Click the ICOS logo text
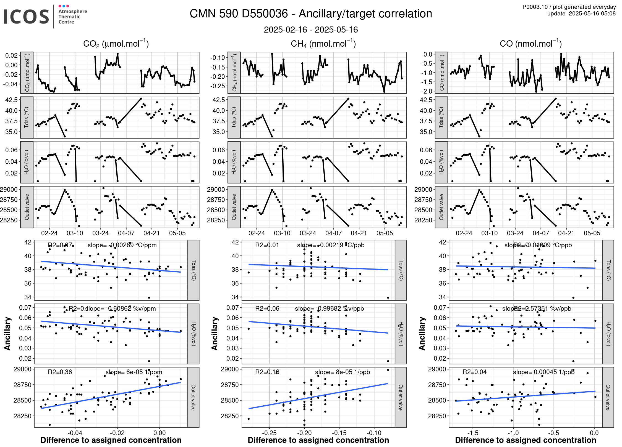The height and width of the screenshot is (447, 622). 26,17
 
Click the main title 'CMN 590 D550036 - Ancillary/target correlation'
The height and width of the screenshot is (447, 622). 311,14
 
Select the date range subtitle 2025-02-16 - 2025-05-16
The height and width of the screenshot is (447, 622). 311,30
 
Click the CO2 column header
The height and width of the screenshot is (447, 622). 116,44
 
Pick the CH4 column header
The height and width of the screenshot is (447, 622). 323,44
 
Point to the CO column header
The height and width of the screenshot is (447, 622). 530,44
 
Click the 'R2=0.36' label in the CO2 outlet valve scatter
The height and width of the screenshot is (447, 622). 60,372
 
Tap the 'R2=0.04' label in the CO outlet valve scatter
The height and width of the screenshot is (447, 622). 474,372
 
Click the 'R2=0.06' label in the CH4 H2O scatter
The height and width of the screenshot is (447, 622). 267,308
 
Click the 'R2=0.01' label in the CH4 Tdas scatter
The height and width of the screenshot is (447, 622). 267,245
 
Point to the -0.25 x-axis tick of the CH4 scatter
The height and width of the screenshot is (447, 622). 269,433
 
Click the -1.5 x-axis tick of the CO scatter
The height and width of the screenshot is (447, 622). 473,433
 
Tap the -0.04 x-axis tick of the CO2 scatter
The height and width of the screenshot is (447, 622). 75,433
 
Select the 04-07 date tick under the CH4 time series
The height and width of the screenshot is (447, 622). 333,233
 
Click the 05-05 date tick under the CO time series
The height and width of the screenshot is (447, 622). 592,233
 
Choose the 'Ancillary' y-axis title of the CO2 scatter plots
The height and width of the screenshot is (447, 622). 7,334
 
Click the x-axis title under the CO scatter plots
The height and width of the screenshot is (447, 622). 526,440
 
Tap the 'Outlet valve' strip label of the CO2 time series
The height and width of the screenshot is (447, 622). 27,207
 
